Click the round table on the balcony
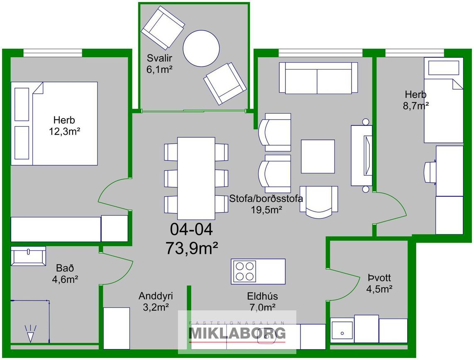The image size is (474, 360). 201,49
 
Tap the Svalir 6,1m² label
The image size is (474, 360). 160,64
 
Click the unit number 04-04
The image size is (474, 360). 191,229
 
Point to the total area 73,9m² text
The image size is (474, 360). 192,248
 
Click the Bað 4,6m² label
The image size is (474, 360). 65,274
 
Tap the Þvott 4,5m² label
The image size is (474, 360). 379,283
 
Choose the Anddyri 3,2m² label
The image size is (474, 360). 156,301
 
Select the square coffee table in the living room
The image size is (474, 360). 318,157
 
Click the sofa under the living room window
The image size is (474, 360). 318,78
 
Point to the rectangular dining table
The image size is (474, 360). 196,178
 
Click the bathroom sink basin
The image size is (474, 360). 28,256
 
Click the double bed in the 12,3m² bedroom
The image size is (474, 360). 54,123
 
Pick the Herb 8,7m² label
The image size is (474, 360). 415,100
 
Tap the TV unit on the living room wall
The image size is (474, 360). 362,155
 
